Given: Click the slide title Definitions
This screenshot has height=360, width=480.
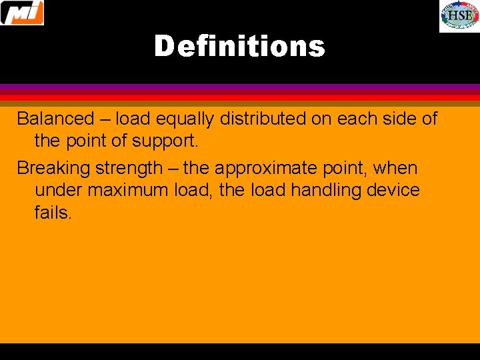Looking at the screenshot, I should (239, 47).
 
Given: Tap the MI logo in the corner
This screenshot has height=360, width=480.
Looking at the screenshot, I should (22, 13).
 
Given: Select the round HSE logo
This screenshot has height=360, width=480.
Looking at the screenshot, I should (459, 16).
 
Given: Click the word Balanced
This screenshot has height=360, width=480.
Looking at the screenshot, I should (56, 119).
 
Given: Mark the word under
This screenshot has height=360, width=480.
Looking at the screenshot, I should (59, 191).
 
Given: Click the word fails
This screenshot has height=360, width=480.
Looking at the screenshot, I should (53, 213).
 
